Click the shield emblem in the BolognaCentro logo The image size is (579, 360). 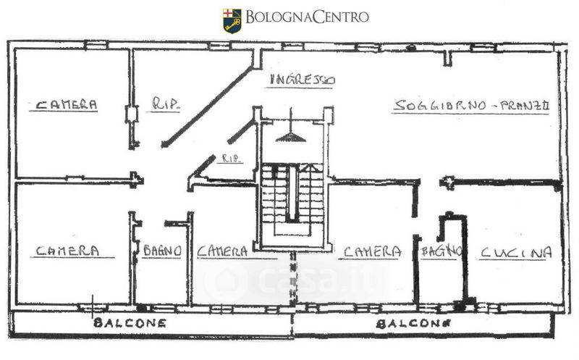click(231, 20)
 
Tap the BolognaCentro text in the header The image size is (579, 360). click(307, 17)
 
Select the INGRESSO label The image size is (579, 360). click(301, 80)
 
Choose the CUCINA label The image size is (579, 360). click(515, 252)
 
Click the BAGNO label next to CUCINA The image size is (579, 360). click(440, 251)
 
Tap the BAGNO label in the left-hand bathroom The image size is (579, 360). click(161, 251)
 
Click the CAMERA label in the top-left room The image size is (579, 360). click(67, 104)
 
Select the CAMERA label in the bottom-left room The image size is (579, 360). click(67, 251)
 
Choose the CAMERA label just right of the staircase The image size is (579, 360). click(372, 251)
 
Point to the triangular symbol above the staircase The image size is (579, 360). click(290, 136)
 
